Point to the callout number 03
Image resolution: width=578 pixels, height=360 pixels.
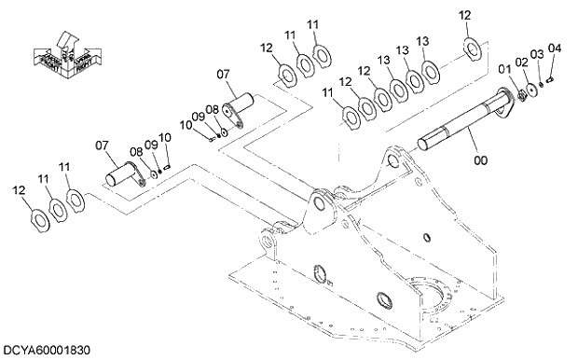[x=536, y=54]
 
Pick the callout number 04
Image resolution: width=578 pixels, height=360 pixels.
[x=555, y=48]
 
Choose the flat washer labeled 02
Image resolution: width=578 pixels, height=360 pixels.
[x=530, y=90]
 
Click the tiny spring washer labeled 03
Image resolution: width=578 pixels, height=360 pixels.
[x=542, y=84]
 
